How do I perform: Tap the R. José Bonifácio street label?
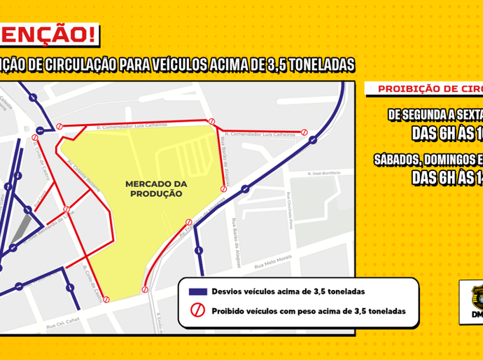[324, 174]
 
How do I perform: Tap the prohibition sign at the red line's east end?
[304, 132]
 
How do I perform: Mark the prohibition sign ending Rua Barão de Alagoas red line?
[224, 188]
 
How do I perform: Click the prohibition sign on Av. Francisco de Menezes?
[188, 223]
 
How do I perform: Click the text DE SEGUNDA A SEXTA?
[434, 114]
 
